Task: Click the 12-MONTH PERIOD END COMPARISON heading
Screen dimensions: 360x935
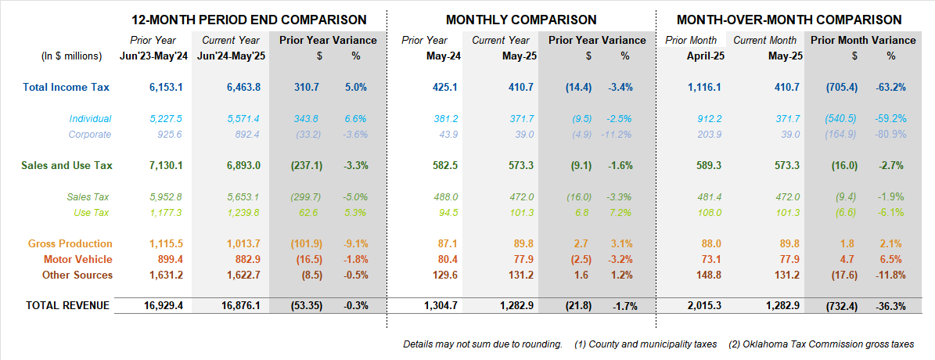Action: [x=249, y=20]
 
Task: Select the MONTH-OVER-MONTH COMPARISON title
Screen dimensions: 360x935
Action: [x=789, y=20]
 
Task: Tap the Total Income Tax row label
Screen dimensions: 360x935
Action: [x=67, y=88]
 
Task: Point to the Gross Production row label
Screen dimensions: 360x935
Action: [x=70, y=244]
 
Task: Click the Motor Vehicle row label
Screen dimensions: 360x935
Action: [x=78, y=259]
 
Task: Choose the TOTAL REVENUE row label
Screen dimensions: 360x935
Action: [x=68, y=305]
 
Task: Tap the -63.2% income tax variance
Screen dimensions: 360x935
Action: [x=890, y=88]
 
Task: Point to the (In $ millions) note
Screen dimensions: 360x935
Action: [x=71, y=56]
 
